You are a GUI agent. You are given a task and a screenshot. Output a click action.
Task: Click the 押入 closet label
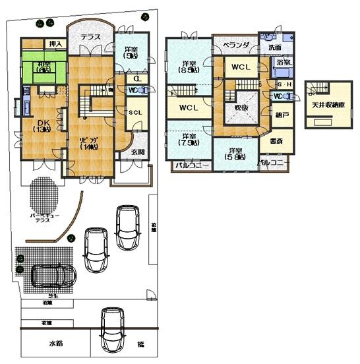56,44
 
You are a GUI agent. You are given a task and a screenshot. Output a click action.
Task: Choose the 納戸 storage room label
281,115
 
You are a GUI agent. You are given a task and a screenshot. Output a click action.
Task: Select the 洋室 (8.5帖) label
187,68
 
